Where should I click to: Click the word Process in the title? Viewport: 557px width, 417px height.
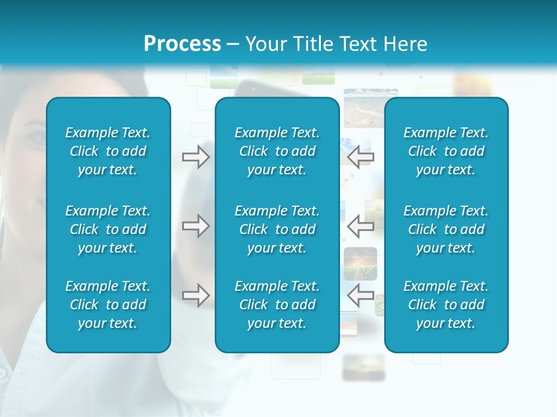click(x=182, y=44)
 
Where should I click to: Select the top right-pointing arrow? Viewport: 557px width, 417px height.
click(x=196, y=157)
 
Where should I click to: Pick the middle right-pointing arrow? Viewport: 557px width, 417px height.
click(x=196, y=226)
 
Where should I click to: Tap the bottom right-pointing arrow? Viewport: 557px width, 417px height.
click(x=196, y=295)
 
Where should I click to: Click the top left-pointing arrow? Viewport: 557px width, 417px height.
click(x=360, y=157)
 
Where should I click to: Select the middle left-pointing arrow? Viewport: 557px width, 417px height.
click(x=360, y=226)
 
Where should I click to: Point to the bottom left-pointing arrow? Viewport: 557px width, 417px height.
click(x=360, y=295)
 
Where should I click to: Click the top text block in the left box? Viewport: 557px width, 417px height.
click(x=108, y=151)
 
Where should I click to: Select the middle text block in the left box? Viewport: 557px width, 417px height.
click(x=108, y=229)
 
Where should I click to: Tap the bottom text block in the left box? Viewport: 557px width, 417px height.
click(x=108, y=305)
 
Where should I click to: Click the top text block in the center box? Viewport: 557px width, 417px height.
click(x=277, y=151)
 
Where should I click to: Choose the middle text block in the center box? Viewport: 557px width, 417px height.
click(x=277, y=229)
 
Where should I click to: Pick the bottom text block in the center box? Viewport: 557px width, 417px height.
click(x=277, y=305)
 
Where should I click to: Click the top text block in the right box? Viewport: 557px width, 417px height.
click(x=446, y=151)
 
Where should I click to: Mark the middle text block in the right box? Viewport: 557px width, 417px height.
click(x=446, y=229)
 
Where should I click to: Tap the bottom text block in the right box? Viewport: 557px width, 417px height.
click(x=446, y=305)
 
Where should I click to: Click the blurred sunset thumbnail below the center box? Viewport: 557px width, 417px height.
click(x=363, y=367)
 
